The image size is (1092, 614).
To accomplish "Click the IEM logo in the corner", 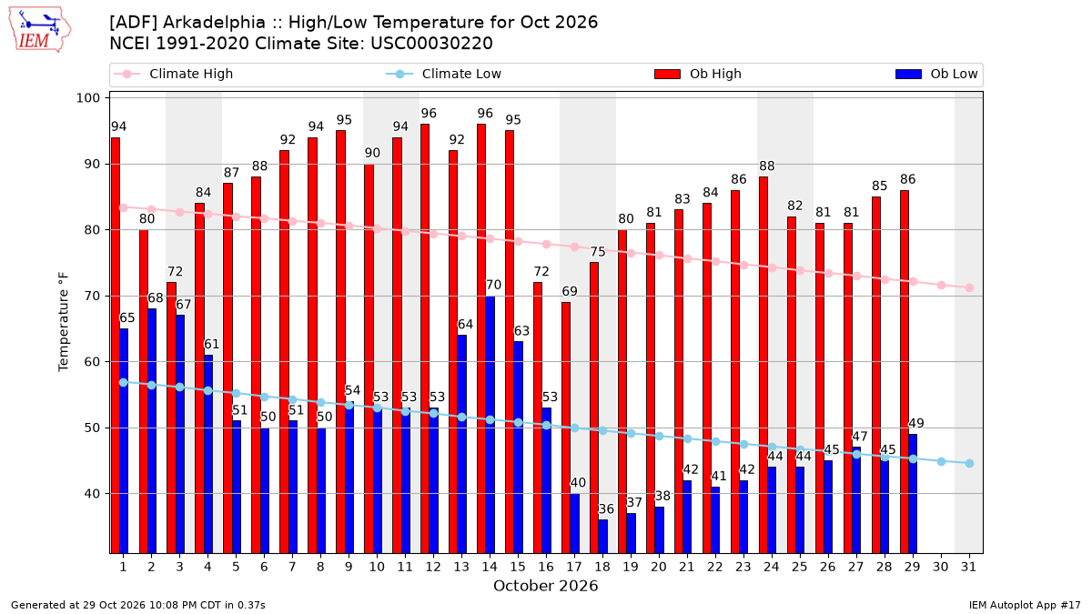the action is click(x=40, y=30).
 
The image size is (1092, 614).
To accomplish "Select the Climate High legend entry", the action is click(x=173, y=74).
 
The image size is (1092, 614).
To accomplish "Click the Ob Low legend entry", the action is click(x=936, y=74).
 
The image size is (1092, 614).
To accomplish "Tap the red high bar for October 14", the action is click(x=481, y=338).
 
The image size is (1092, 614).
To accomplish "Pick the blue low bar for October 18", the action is click(x=603, y=537).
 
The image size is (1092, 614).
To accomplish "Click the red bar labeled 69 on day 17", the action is click(x=566, y=428).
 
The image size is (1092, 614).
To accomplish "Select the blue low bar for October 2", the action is click(x=152, y=431).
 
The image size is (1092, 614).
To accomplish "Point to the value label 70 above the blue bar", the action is click(x=493, y=285).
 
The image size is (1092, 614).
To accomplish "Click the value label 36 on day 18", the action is click(x=606, y=509).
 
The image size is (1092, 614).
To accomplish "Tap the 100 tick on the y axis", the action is click(x=87, y=98).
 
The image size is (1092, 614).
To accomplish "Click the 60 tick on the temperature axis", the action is click(x=92, y=362).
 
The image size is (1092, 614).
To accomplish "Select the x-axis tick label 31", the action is click(x=968, y=567).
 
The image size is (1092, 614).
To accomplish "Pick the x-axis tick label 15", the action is click(x=518, y=567).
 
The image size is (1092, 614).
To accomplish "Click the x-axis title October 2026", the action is click(x=545, y=586).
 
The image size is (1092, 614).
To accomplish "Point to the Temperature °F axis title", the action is click(x=64, y=323).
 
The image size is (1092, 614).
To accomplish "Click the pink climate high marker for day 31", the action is click(x=969, y=288).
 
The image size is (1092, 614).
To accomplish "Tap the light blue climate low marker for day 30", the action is click(x=941, y=461).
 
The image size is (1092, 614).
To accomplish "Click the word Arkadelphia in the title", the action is click(x=214, y=23).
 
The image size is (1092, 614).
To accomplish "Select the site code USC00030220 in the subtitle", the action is click(x=431, y=44).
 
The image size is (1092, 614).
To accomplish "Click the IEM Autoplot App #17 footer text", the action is click(x=1025, y=605).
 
